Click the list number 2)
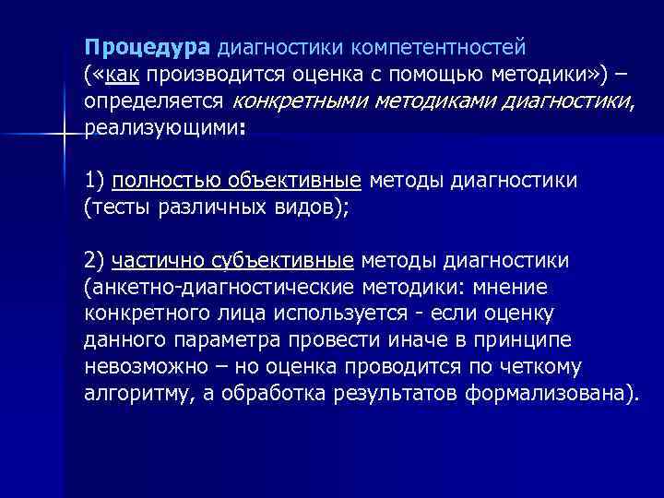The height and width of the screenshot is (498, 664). click(96, 260)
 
